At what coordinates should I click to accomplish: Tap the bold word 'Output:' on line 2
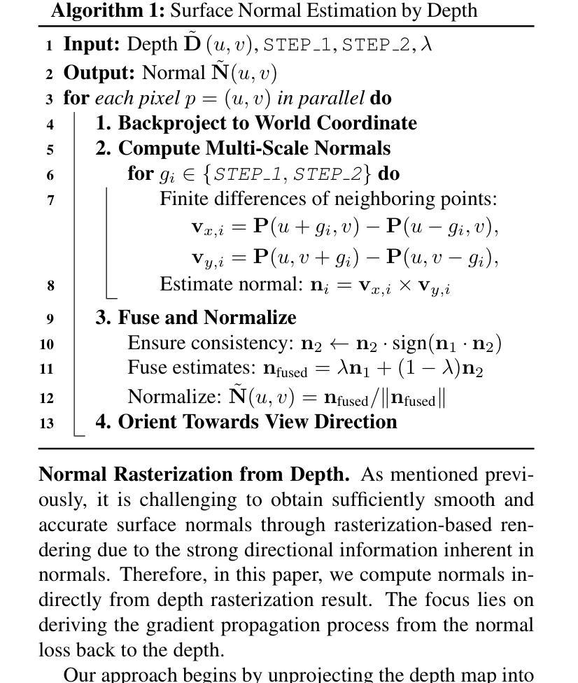pos(99,73)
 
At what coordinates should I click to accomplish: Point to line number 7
pos(50,200)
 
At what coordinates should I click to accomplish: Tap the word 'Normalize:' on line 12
pos(174,397)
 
